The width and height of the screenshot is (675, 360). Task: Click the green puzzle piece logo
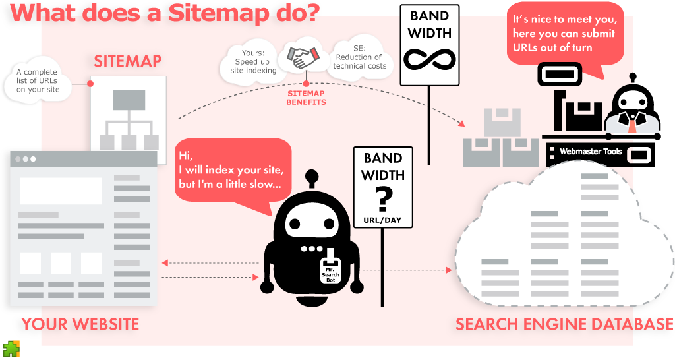click(11, 349)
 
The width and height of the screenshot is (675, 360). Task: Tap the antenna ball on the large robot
click(312, 177)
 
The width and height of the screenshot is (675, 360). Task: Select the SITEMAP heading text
click(127, 62)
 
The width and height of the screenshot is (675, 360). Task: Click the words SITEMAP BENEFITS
click(306, 98)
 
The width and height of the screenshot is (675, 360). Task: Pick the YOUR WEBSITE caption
click(80, 324)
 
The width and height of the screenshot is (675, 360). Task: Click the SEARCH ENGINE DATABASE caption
click(564, 324)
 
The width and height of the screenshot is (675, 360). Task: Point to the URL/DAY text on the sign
click(382, 220)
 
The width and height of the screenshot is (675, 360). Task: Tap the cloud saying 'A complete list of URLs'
click(38, 80)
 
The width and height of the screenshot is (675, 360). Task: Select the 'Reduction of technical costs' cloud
click(359, 61)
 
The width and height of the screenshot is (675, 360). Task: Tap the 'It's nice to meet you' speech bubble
click(564, 34)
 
